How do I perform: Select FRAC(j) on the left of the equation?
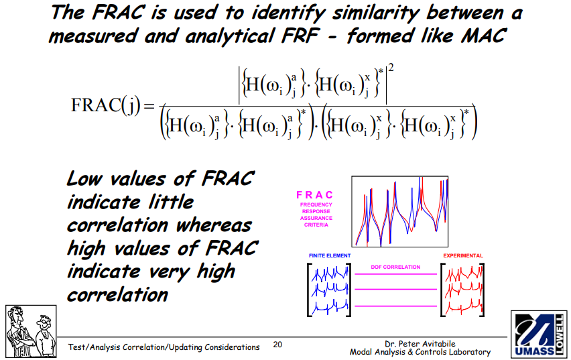[x=104, y=107]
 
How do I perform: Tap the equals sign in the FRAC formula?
[x=149, y=107]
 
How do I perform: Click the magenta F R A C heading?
[x=315, y=195]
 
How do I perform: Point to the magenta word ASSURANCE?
[x=316, y=218]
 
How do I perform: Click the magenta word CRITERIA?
[x=316, y=225]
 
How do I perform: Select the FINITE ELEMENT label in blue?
[x=329, y=256]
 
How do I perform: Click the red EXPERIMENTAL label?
[x=462, y=256]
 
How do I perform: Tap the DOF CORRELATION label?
[x=395, y=267]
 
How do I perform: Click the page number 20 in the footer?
[x=278, y=345]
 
